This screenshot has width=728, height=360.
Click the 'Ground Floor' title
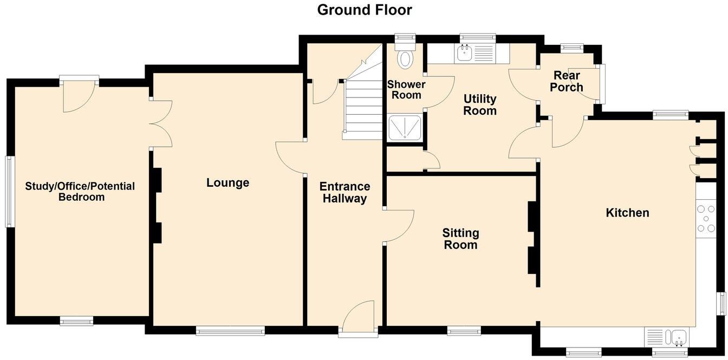point(364,10)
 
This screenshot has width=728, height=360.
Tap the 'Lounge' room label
point(227,183)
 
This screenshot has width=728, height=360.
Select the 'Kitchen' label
point(627,213)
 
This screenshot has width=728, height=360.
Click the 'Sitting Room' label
point(460,239)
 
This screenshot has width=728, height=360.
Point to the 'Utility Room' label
point(480,105)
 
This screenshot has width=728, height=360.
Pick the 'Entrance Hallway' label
point(344,193)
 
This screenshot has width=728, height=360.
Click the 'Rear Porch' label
point(567,82)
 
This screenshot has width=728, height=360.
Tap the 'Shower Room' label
point(406,90)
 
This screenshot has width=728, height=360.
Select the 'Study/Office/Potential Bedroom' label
point(80,192)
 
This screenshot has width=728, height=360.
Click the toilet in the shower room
point(405,57)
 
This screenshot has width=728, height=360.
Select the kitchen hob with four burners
point(706,219)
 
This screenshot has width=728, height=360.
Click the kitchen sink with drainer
point(666,337)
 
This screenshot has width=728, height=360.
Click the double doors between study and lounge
point(161,123)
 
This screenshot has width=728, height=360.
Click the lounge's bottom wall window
point(230,330)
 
